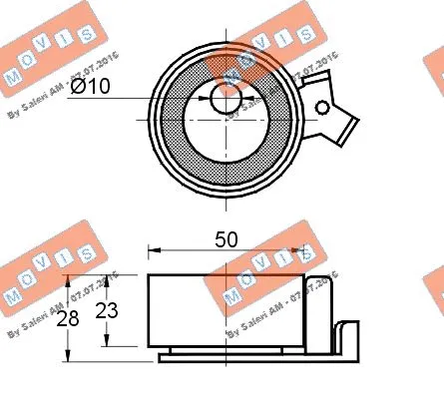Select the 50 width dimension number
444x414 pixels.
pos(225,238)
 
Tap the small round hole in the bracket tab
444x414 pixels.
pos(323,106)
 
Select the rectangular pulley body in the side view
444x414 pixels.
pos(225,309)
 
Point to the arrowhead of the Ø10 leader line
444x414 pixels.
pos(206,99)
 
